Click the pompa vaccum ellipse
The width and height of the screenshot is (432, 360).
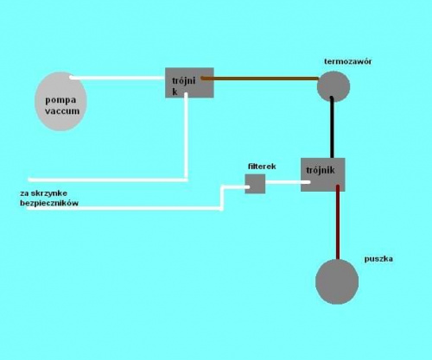pos(60,101)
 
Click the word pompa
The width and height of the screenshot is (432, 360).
pos(60,100)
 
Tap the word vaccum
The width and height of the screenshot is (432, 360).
pos(62,111)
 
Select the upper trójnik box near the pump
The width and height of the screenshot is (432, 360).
pos(189,83)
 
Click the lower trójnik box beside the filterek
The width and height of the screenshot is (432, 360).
pos(323,174)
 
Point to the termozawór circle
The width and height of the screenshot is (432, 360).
pos(334,86)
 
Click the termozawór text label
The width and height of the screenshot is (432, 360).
pos(348,61)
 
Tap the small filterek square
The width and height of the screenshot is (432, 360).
pos(255,184)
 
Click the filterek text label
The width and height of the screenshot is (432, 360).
pos(262,167)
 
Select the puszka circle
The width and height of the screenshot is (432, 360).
pos(337,281)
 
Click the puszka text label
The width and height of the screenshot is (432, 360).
pos(378,259)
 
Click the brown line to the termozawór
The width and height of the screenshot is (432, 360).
pos(259,78)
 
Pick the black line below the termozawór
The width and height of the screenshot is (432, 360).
pos(332,127)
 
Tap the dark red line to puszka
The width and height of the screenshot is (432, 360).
pos(338,222)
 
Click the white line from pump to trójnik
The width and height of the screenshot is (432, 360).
pos(117,78)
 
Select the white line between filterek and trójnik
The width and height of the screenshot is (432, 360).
pos(288,182)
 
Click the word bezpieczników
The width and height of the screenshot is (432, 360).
pos(49,203)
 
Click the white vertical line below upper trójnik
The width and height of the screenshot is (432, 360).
pos(186,136)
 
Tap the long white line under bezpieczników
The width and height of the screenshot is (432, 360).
pos(124,208)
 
